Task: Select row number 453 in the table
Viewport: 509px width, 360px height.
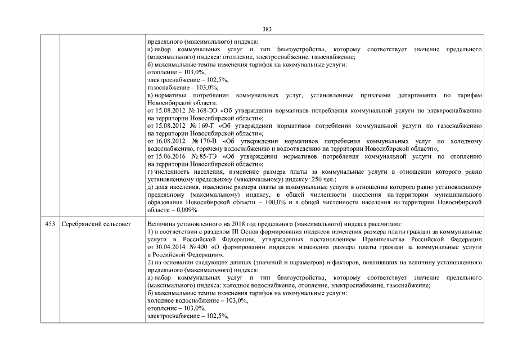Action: pos(49,224)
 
